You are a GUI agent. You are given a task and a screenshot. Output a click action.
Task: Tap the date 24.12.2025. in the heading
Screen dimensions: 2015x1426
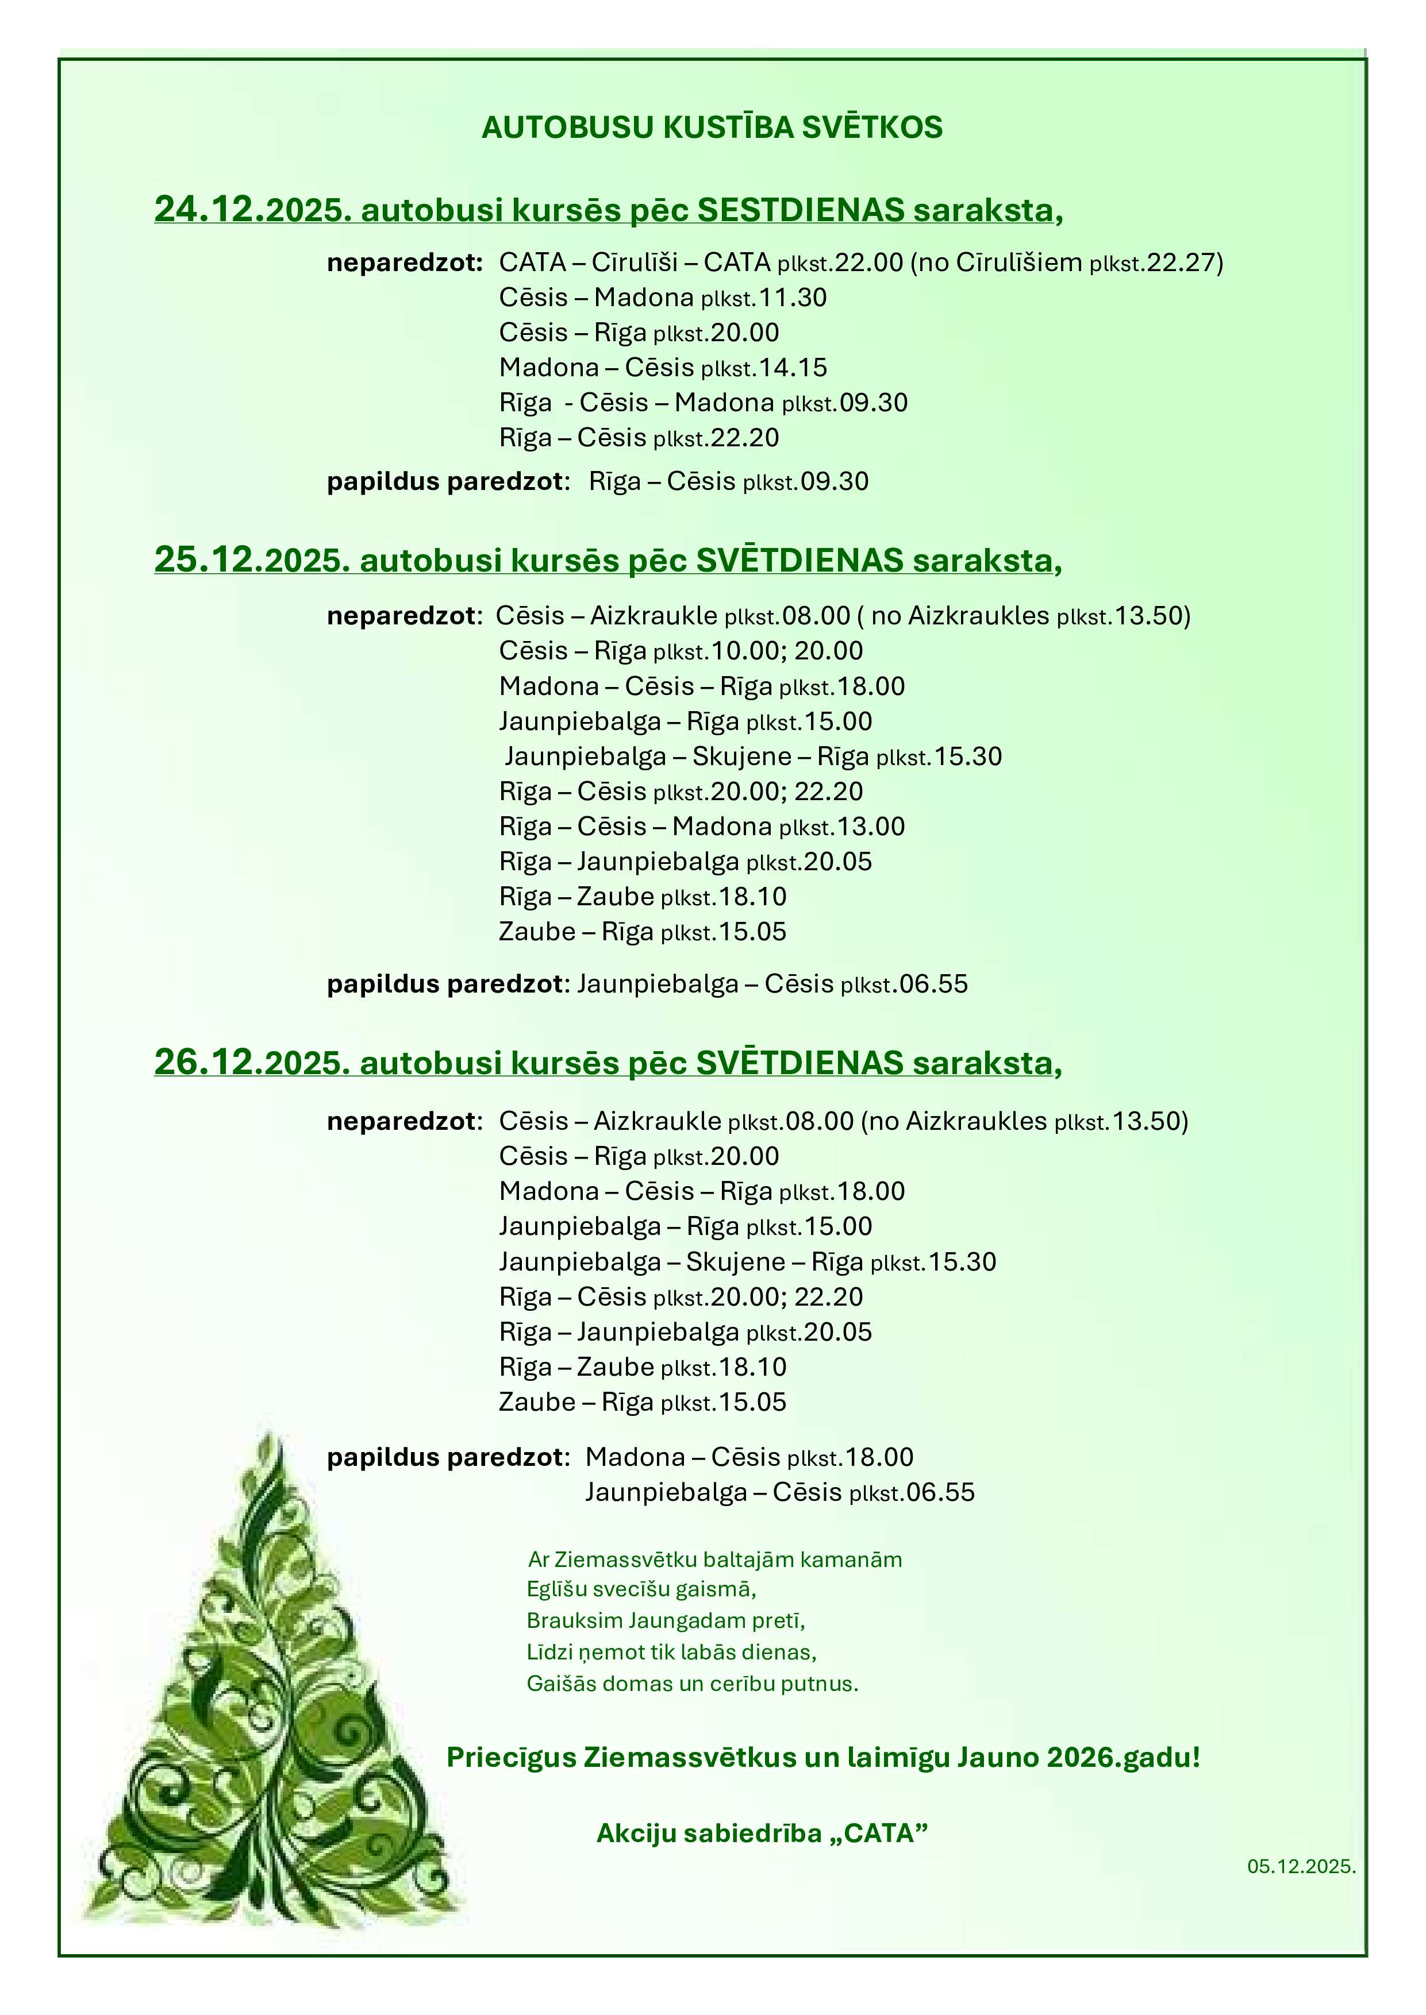[x=253, y=211]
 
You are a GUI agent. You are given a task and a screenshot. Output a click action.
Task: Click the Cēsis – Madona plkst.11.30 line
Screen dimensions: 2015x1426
[x=663, y=298]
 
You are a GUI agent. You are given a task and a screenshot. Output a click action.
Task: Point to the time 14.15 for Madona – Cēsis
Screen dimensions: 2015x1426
[x=793, y=368]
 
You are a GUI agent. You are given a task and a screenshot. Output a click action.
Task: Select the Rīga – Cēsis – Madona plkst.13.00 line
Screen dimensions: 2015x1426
[x=702, y=827]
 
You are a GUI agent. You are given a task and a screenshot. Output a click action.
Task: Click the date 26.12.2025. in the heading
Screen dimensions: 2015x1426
[x=253, y=1063]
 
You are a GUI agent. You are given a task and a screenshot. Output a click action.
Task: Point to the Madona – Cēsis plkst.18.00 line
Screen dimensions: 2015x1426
[x=749, y=1458]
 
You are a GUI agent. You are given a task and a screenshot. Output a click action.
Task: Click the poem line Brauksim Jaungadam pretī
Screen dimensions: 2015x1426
[x=666, y=1620]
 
